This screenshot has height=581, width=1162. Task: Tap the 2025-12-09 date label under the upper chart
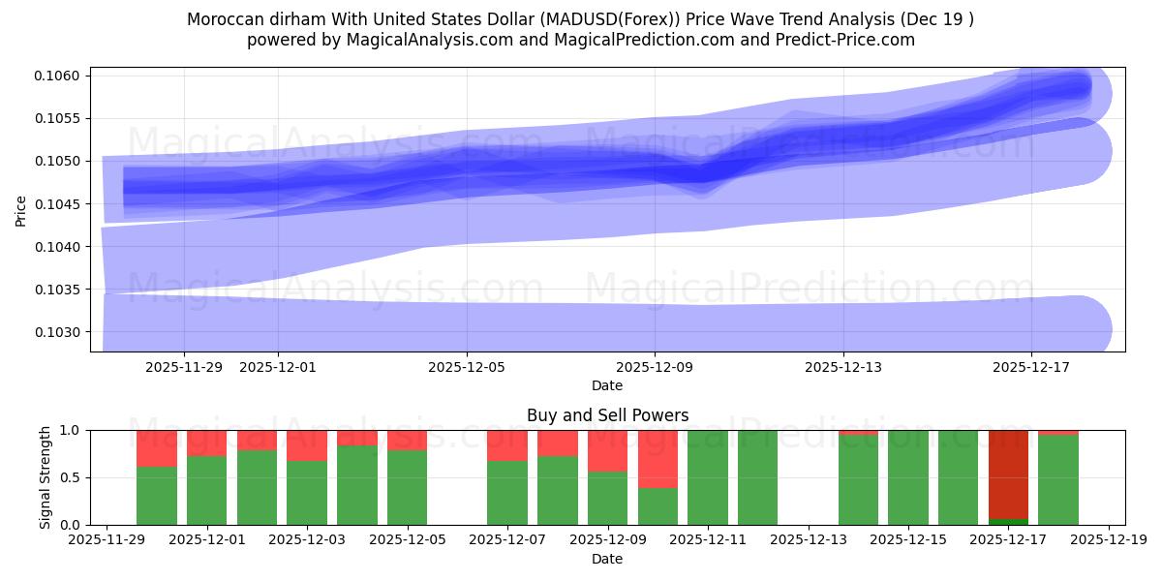tap(655, 367)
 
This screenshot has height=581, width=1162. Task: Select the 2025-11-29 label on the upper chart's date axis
tap(183, 367)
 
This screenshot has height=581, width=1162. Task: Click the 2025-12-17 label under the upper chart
tap(1030, 367)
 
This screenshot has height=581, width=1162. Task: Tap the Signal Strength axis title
tap(45, 477)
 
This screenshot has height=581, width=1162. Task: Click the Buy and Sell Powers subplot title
tap(607, 415)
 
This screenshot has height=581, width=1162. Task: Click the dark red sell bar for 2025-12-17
tap(1008, 474)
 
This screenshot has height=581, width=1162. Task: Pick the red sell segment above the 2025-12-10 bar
tap(657, 458)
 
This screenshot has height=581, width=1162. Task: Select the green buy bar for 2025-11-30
tap(157, 496)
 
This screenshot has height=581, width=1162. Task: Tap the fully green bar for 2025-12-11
tap(708, 477)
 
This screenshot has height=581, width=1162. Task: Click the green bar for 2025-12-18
tap(1058, 480)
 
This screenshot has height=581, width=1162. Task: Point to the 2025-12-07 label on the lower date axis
tap(506, 540)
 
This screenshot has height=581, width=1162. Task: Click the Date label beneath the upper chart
tap(607, 385)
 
